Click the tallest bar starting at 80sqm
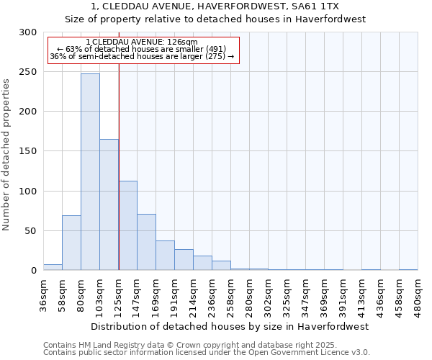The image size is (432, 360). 90,172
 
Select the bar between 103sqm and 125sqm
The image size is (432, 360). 109,204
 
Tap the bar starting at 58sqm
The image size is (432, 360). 71,243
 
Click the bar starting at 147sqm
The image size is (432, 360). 146,242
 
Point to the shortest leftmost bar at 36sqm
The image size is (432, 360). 53,267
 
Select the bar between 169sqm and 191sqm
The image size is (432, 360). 165,256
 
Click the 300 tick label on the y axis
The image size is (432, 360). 28,32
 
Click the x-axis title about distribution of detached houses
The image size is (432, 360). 230,326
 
